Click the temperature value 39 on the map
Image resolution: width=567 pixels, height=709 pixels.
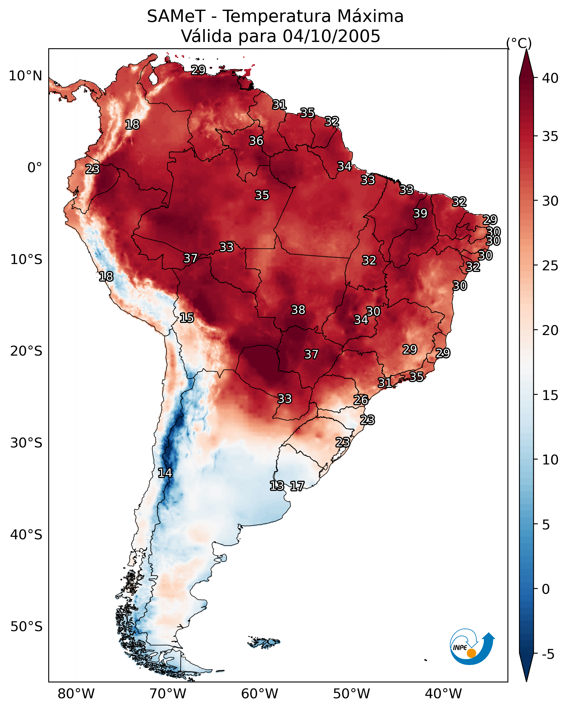coord(420,213)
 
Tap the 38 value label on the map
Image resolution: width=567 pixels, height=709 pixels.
coord(298,310)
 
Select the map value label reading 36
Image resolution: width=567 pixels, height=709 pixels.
coord(256,141)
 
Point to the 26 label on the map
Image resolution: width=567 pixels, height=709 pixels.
coord(361,400)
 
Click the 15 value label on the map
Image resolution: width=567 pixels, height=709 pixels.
coord(187,318)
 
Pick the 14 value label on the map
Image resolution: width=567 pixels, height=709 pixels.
coord(165,473)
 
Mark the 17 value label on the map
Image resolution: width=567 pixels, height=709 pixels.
coord(297,486)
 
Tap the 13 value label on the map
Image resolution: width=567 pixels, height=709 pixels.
coord(277,486)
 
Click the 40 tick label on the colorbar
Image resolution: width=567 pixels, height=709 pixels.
coord(550,78)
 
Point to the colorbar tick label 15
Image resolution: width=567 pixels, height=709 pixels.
coord(550,395)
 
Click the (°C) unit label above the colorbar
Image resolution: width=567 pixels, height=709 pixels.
coord(519,43)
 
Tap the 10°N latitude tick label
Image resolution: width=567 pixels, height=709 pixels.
coord(25,76)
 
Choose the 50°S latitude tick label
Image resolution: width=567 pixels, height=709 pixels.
coord(26,627)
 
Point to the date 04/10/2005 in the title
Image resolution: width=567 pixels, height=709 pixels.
coord(331,36)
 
